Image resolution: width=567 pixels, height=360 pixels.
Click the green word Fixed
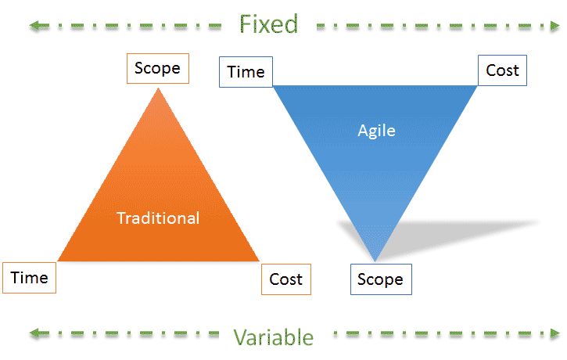pos(269,24)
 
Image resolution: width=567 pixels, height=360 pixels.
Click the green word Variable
pos(274,337)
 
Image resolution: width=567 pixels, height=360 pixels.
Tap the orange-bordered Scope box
pos(158,68)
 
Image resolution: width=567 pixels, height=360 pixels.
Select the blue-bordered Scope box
pos(381,279)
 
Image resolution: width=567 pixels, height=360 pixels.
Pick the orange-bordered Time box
pos(29,278)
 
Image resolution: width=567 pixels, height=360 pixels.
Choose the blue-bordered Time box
pos(246,72)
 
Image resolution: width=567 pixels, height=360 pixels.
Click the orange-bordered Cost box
pos(286,279)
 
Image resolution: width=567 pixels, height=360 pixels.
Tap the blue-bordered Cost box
pos(502,70)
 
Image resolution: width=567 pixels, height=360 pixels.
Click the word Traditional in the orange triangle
pos(158,218)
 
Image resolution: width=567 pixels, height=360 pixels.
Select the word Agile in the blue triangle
pos(376,131)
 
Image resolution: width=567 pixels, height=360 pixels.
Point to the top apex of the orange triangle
pos(158,88)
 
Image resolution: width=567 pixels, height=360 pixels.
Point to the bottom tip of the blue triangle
pos(375,261)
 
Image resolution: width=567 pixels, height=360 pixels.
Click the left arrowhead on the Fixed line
pos(34,25)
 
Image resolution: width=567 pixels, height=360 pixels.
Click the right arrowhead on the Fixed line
pos(555,26)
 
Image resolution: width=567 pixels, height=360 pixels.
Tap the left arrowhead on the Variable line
pos(34,333)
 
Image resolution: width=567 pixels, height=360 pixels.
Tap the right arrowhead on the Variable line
pos(555,333)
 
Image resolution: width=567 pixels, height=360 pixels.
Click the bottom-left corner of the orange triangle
pos(58,261)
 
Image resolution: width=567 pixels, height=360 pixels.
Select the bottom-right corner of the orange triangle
pos(259,261)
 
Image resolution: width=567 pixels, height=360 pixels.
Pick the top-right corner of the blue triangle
pos(477,86)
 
